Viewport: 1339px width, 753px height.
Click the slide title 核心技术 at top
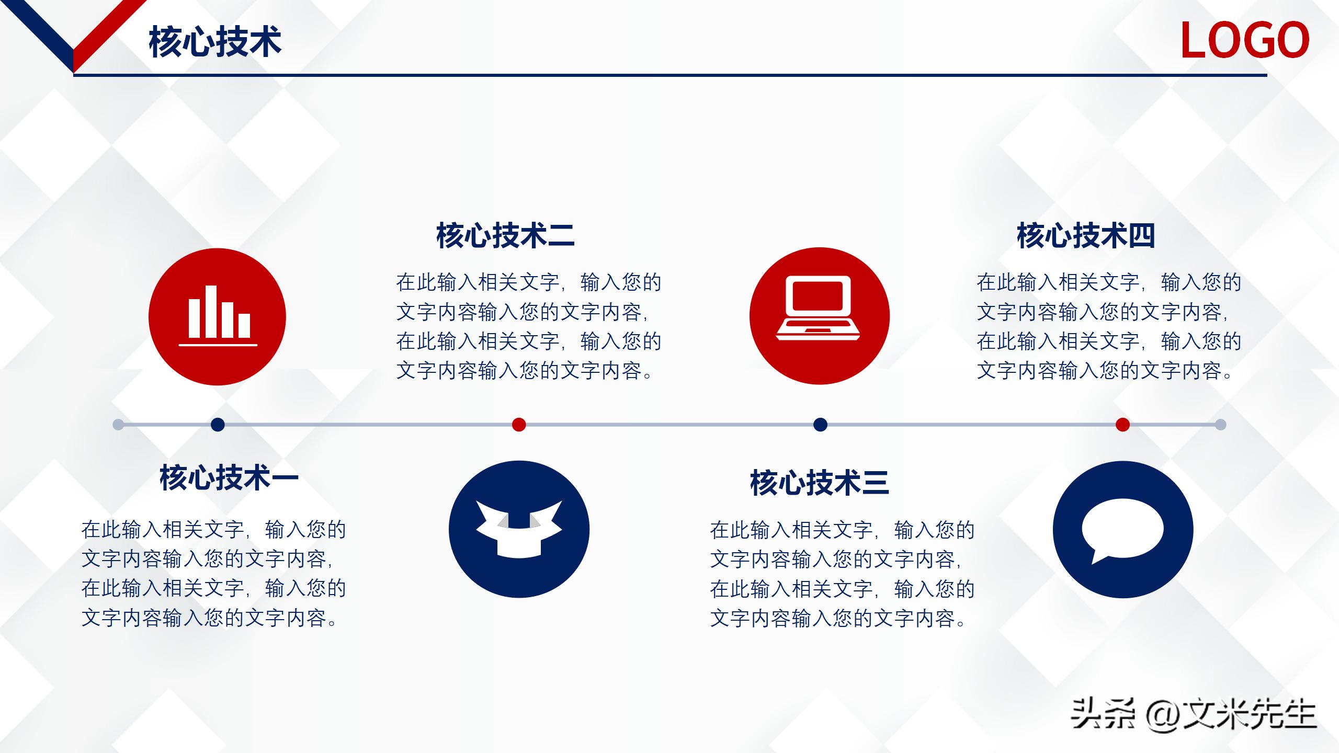point(215,42)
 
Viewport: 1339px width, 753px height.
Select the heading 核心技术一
point(229,477)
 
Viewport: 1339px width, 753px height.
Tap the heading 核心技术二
point(505,235)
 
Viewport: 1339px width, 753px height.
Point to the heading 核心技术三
point(819,482)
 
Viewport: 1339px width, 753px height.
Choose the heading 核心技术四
point(1086,235)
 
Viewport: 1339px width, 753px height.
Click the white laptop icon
point(819,309)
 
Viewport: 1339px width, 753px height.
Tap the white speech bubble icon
point(1122,529)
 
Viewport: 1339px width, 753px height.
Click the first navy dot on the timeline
point(218,425)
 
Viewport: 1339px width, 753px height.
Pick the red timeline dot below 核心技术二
point(519,425)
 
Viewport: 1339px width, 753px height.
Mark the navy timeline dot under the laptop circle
point(820,425)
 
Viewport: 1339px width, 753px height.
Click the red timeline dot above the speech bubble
point(1122,425)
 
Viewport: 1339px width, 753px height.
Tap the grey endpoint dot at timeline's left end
point(118,425)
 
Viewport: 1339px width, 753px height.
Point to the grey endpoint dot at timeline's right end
point(1220,425)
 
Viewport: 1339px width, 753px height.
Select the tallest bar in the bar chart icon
point(211,311)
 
